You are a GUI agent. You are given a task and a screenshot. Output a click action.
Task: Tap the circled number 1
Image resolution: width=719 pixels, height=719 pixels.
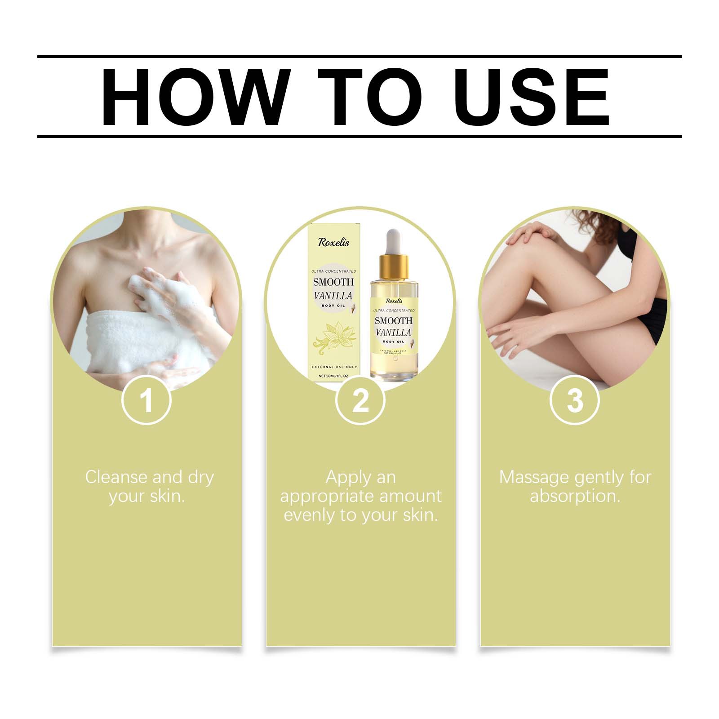(x=146, y=400)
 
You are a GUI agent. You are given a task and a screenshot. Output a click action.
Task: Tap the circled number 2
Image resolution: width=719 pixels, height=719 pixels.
(x=360, y=400)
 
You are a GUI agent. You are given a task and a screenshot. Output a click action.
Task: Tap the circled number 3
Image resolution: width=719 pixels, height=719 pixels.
(x=575, y=400)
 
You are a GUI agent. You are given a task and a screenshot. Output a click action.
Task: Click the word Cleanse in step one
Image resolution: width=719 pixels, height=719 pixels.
(x=116, y=477)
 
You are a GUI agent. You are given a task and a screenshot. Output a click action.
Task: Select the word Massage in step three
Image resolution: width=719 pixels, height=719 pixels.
(x=533, y=477)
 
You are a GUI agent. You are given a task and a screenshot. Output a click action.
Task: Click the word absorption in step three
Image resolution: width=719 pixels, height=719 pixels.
(x=575, y=496)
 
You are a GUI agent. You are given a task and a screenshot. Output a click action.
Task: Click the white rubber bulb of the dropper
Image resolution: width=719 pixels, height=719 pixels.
(x=394, y=240)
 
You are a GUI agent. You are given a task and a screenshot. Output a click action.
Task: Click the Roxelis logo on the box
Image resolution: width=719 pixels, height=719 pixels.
(x=333, y=242)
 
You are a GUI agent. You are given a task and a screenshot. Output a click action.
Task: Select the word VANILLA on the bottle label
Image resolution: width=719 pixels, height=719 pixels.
(x=394, y=333)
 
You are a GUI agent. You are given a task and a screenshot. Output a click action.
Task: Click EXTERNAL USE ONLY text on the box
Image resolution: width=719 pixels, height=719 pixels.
(x=334, y=367)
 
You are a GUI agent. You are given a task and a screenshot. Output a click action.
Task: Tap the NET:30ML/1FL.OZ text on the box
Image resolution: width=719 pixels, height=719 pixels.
(x=333, y=376)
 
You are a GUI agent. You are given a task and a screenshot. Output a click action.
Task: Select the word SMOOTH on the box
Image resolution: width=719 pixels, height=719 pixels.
(x=333, y=282)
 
